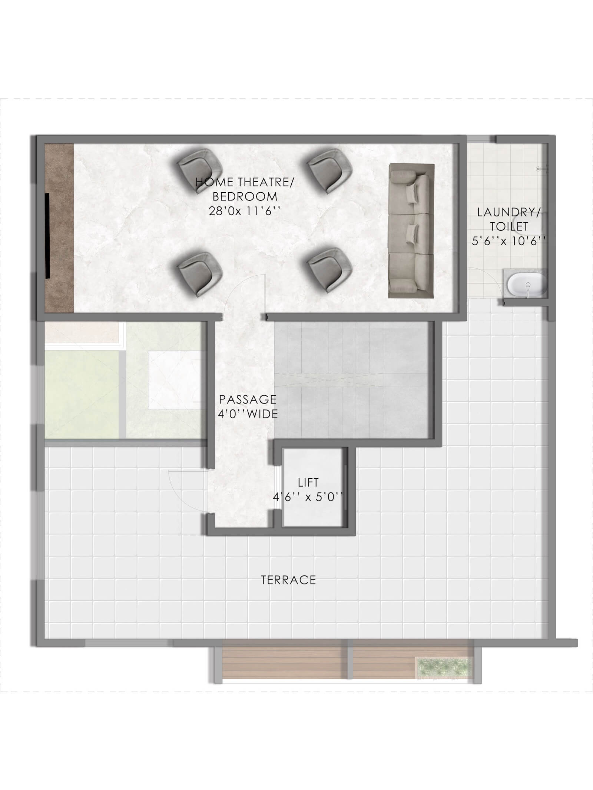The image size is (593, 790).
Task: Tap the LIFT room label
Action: [308, 482]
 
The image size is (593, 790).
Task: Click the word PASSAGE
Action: [248, 399]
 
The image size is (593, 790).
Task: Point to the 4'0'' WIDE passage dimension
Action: [248, 414]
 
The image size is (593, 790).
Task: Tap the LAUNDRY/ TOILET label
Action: [508, 219]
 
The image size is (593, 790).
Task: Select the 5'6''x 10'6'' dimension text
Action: [508, 241]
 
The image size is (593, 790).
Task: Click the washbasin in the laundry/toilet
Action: [526, 285]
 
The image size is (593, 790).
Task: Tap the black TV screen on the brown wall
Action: [48, 235]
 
